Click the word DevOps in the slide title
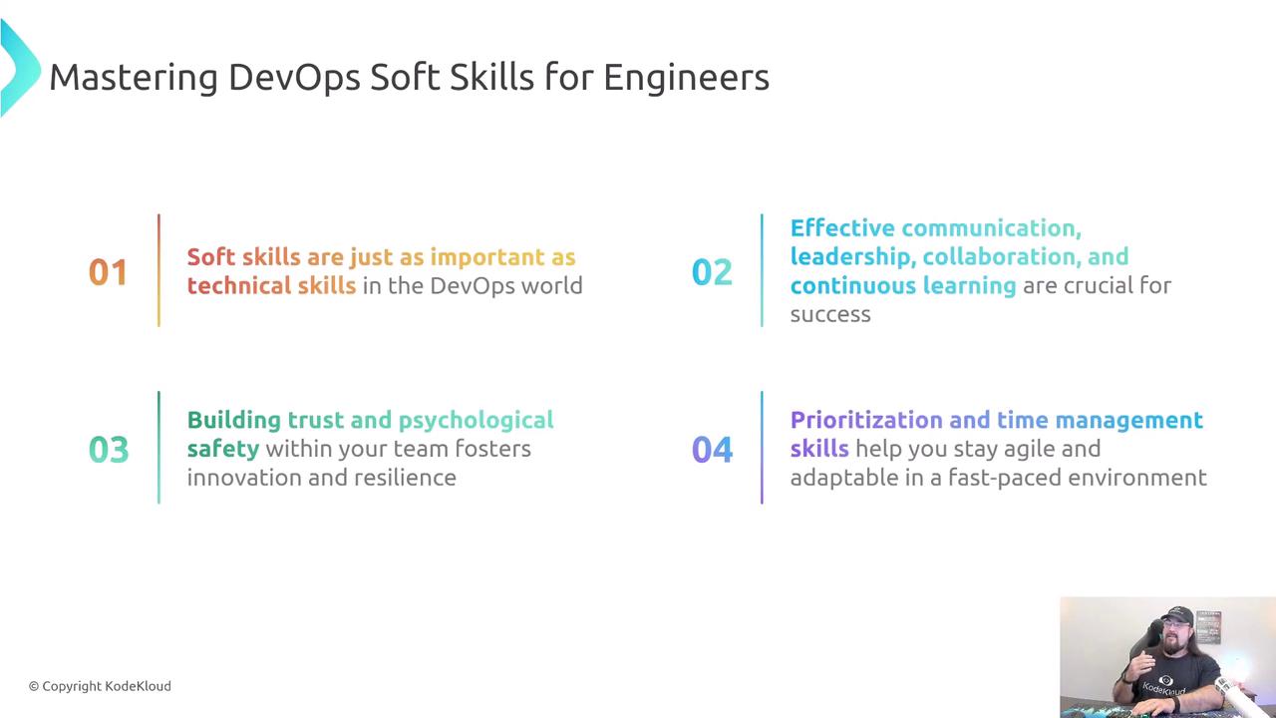tap(294, 78)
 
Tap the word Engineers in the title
tap(687, 78)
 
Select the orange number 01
tap(108, 272)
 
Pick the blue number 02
tap(712, 272)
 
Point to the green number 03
tap(109, 450)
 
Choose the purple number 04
tap(712, 450)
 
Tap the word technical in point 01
tap(239, 285)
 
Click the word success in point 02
tap(830, 314)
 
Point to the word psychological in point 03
tap(476, 421)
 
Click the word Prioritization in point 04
tap(866, 420)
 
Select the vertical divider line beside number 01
tap(159, 270)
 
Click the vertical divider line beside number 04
tap(762, 448)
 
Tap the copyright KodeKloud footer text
tap(100, 686)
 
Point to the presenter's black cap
tap(1177, 616)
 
